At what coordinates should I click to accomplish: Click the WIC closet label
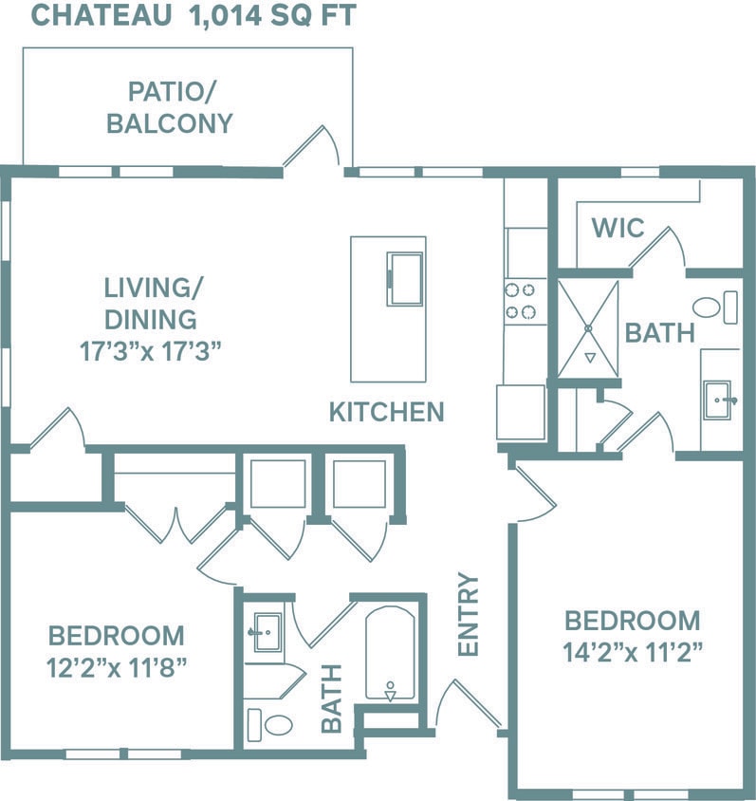coord(618,228)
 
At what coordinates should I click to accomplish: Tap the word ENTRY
coord(469,614)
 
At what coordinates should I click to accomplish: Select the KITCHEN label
coord(386,412)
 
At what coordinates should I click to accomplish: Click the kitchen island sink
coord(405,278)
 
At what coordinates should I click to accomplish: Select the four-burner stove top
coord(521,301)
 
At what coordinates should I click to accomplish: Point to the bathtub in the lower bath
coord(390,654)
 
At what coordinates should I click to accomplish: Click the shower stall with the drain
coord(587,327)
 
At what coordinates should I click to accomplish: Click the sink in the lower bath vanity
coord(265,631)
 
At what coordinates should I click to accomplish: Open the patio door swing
coord(315,147)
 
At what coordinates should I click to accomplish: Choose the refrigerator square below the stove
coord(521,412)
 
